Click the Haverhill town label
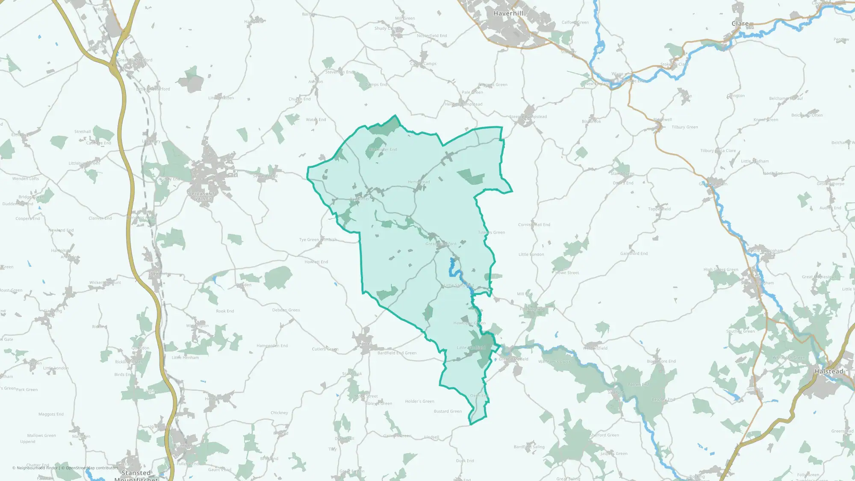[508, 13]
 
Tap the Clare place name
[740, 24]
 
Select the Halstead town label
[829, 371]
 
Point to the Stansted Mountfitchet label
[136, 476]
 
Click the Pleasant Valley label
[203, 196]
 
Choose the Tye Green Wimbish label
[318, 240]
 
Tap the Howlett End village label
[316, 262]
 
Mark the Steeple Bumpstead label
[528, 117]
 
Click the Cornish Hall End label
[534, 224]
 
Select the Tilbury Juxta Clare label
[718, 150]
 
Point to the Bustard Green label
[448, 411]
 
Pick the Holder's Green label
[419, 401]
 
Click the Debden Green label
[286, 310]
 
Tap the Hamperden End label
[272, 345]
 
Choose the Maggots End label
[51, 414]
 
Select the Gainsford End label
[634, 254]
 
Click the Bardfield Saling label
[529, 447]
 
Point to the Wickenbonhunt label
[105, 283]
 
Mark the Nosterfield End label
[432, 35]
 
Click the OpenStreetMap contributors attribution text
[91, 468]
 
